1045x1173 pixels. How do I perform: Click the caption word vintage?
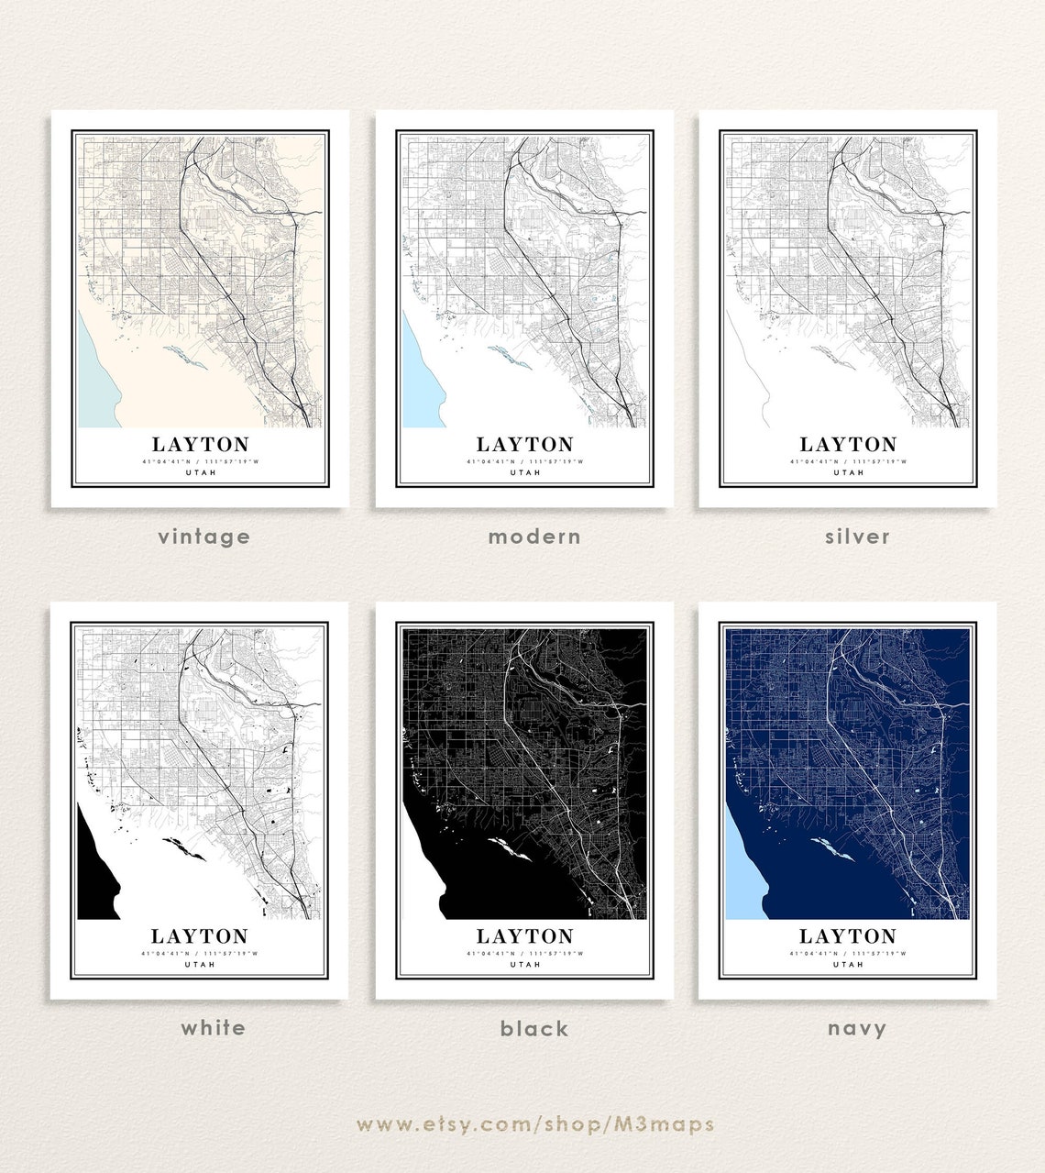(203, 537)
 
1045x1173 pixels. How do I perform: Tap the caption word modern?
(534, 537)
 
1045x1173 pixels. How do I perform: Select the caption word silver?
(857, 537)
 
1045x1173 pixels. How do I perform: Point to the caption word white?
(213, 1027)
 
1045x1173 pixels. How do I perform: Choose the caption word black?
(534, 1028)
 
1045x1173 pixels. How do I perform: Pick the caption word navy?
(857, 1028)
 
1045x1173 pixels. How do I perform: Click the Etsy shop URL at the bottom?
(535, 1123)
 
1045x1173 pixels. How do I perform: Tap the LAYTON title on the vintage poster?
(200, 445)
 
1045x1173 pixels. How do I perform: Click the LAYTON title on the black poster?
(524, 936)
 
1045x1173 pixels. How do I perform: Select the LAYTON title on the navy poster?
(848, 936)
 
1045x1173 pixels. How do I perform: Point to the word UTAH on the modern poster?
(524, 472)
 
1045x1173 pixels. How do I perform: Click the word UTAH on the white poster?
(200, 964)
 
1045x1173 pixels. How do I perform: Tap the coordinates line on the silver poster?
(848, 460)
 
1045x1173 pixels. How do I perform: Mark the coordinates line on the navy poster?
(848, 953)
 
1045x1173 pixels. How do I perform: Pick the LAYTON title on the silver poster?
(848, 445)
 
